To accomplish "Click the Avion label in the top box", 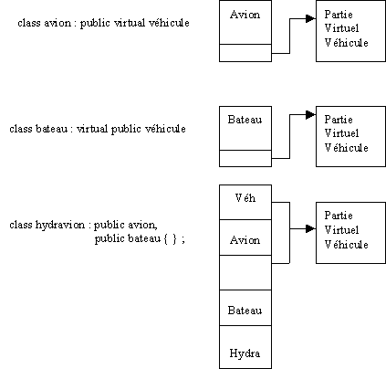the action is pyautogui.click(x=245, y=15).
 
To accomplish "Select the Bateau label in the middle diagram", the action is pyautogui.click(x=245, y=120).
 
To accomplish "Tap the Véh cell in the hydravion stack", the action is pyautogui.click(x=245, y=202).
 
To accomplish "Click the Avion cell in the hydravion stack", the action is pyautogui.click(x=245, y=237).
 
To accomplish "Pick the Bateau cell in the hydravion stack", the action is pyautogui.click(x=245, y=308).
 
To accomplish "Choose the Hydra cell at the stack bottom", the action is pyautogui.click(x=245, y=347).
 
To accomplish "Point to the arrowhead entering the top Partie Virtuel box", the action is pyautogui.click(x=310, y=18).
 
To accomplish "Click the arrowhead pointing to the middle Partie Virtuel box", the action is pyautogui.click(x=310, y=115).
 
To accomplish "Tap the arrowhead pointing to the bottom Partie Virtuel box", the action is pyautogui.click(x=310, y=228).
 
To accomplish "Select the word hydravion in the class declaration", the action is pyautogui.click(x=60, y=225).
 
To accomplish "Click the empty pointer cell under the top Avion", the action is pyautogui.click(x=245, y=53).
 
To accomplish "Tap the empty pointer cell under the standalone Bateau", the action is pyautogui.click(x=245, y=158).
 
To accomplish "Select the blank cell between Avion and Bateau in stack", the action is pyautogui.click(x=245, y=273).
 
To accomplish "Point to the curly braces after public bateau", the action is pyautogui.click(x=171, y=239).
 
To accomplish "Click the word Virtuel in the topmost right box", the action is pyautogui.click(x=342, y=28).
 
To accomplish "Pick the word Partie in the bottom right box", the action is pyautogui.click(x=339, y=216).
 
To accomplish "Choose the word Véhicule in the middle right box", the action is pyautogui.click(x=347, y=148).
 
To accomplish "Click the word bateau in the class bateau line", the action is pyautogui.click(x=51, y=129).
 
